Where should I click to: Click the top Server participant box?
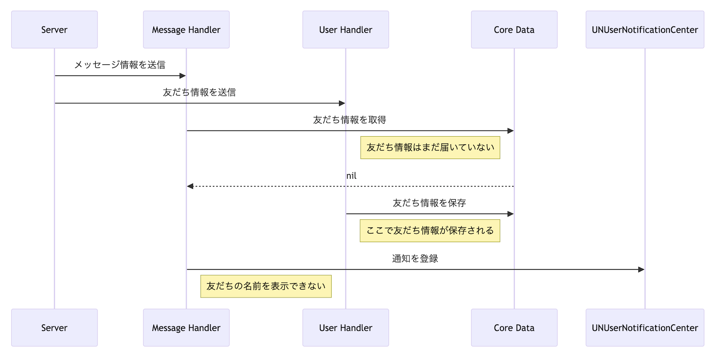point(55,29)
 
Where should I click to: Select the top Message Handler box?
point(186,29)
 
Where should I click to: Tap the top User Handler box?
point(345,29)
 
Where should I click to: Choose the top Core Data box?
point(514,29)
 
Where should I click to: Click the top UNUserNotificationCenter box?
point(644,29)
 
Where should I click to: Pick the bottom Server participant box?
point(55,327)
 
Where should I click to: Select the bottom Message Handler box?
point(186,327)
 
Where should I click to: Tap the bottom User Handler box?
point(345,327)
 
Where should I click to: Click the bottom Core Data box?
point(514,327)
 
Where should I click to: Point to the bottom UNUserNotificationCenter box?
point(644,327)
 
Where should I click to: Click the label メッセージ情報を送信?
point(120,65)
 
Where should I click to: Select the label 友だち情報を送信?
point(199,92)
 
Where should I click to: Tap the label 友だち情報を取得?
point(349,120)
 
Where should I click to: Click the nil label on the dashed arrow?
point(351,176)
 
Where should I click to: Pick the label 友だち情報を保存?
point(429,203)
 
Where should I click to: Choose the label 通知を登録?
point(415,259)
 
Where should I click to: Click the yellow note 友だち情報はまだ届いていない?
point(430,147)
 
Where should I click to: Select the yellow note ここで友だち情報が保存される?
point(429,230)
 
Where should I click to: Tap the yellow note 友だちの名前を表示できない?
point(266,286)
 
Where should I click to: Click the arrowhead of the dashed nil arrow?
point(190,186)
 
